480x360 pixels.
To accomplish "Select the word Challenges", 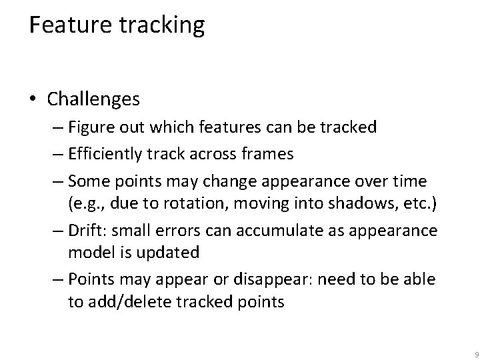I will (93, 100).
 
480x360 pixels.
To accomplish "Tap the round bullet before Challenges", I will (34, 100).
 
